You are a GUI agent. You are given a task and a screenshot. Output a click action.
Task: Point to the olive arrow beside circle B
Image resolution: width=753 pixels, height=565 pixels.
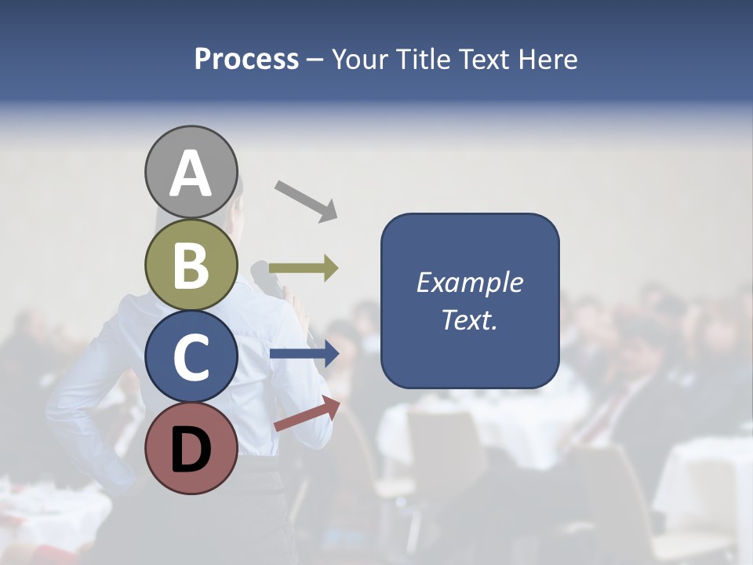(304, 268)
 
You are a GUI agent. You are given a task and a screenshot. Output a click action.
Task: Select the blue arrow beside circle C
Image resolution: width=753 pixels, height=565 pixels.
(304, 354)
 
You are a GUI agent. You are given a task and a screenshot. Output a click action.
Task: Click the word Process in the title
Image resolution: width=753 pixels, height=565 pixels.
(246, 60)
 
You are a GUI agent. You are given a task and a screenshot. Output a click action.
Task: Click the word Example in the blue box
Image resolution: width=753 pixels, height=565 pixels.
(470, 282)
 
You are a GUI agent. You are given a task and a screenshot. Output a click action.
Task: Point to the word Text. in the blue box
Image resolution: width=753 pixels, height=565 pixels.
(470, 319)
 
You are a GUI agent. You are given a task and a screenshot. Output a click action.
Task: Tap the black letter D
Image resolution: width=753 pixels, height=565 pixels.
(191, 450)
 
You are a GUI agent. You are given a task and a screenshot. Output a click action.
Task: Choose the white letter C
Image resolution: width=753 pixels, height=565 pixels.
(191, 357)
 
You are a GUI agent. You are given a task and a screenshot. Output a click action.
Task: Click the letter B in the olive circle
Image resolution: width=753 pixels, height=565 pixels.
(191, 265)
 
